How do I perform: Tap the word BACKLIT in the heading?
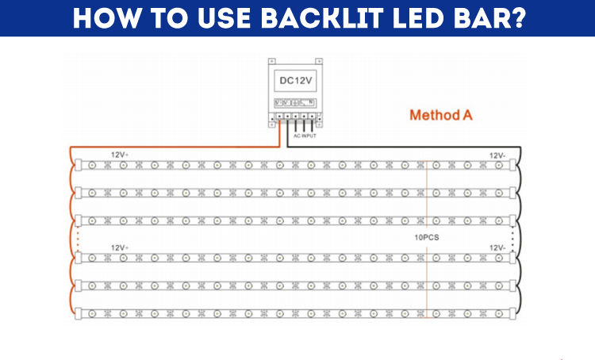pyautogui.click(x=310, y=18)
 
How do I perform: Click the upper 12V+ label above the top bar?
pyautogui.click(x=120, y=155)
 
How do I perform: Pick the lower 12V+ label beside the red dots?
pyautogui.click(x=120, y=247)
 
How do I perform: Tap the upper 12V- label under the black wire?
pyautogui.click(x=497, y=155)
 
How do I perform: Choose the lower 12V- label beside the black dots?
pyautogui.click(x=497, y=247)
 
